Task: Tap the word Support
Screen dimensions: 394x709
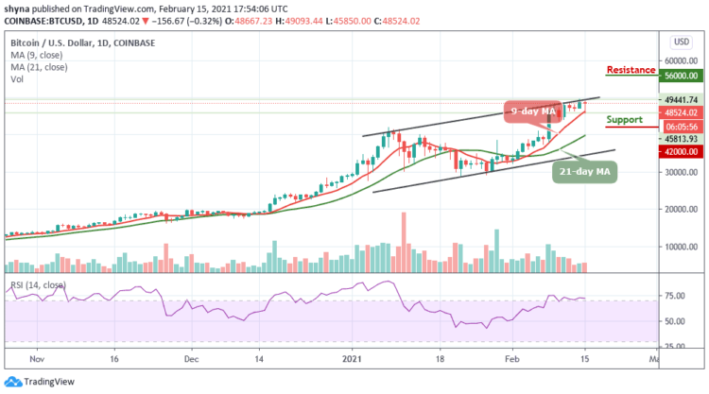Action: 625,120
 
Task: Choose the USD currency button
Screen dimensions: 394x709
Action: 678,42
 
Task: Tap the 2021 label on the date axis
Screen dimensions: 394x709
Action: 352,359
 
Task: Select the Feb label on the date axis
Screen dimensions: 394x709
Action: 513,359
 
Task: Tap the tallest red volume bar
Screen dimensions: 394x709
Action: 404,242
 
